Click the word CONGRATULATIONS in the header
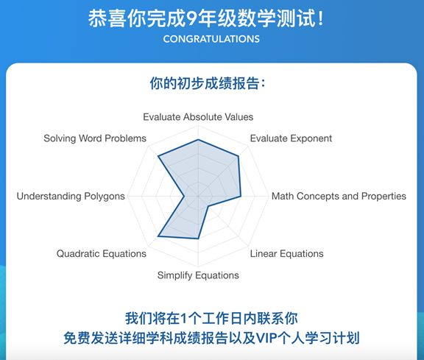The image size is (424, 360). pos(211,39)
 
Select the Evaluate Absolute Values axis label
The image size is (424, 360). pos(198,117)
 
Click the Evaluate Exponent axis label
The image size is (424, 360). pos(291,138)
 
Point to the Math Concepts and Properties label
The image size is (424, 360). pos(339,196)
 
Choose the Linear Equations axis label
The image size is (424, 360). pos(286,254)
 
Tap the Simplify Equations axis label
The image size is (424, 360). pos(198,275)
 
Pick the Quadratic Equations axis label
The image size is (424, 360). pos(102,254)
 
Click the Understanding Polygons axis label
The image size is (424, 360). pos(71,196)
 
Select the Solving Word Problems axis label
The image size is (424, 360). pos(95,138)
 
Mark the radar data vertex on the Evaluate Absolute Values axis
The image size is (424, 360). pos(198,140)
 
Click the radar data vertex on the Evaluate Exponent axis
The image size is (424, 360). pos(238,156)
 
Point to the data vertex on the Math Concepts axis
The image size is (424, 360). pos(241,196)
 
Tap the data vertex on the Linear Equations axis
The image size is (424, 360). pos(208,206)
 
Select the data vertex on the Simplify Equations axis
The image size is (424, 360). pos(198,239)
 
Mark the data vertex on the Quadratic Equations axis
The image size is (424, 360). pos(158,236)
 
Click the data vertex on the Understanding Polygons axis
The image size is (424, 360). pos(184,196)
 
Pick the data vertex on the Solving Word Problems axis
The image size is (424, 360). pos(158,156)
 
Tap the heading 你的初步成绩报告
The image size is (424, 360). pos(205,83)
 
